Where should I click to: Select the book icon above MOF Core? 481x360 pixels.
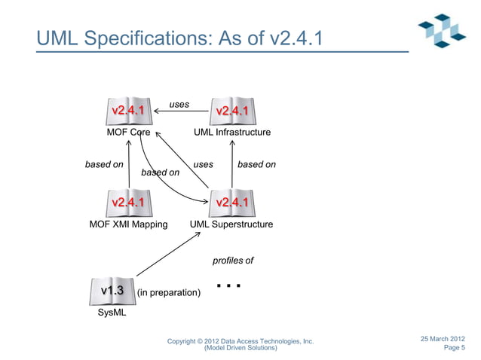(128, 111)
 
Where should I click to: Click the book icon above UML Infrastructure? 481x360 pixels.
(232, 111)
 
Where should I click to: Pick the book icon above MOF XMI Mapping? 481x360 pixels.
(128, 202)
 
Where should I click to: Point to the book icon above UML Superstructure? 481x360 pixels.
(232, 202)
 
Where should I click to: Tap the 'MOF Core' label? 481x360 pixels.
(128, 133)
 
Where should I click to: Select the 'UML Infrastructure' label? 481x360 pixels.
(232, 133)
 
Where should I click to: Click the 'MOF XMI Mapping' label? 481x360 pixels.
(128, 224)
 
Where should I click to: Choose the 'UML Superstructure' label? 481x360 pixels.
(231, 224)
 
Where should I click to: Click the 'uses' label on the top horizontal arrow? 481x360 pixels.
(179, 104)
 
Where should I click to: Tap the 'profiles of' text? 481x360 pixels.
(233, 261)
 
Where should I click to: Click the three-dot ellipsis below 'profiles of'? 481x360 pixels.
(228, 286)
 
